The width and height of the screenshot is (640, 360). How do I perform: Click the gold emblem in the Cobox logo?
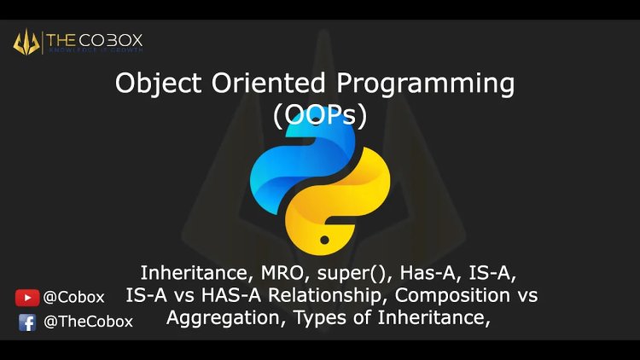point(26,41)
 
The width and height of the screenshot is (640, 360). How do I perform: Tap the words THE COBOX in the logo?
point(93,39)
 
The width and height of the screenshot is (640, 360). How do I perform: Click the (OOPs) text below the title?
point(319,115)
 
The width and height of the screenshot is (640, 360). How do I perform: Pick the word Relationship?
point(325,297)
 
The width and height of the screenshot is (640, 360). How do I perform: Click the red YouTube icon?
point(27,298)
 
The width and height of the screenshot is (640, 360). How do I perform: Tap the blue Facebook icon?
point(27,322)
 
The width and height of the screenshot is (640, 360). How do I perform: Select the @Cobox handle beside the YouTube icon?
point(74,298)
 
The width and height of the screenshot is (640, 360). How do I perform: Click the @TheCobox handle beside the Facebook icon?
point(89,322)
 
